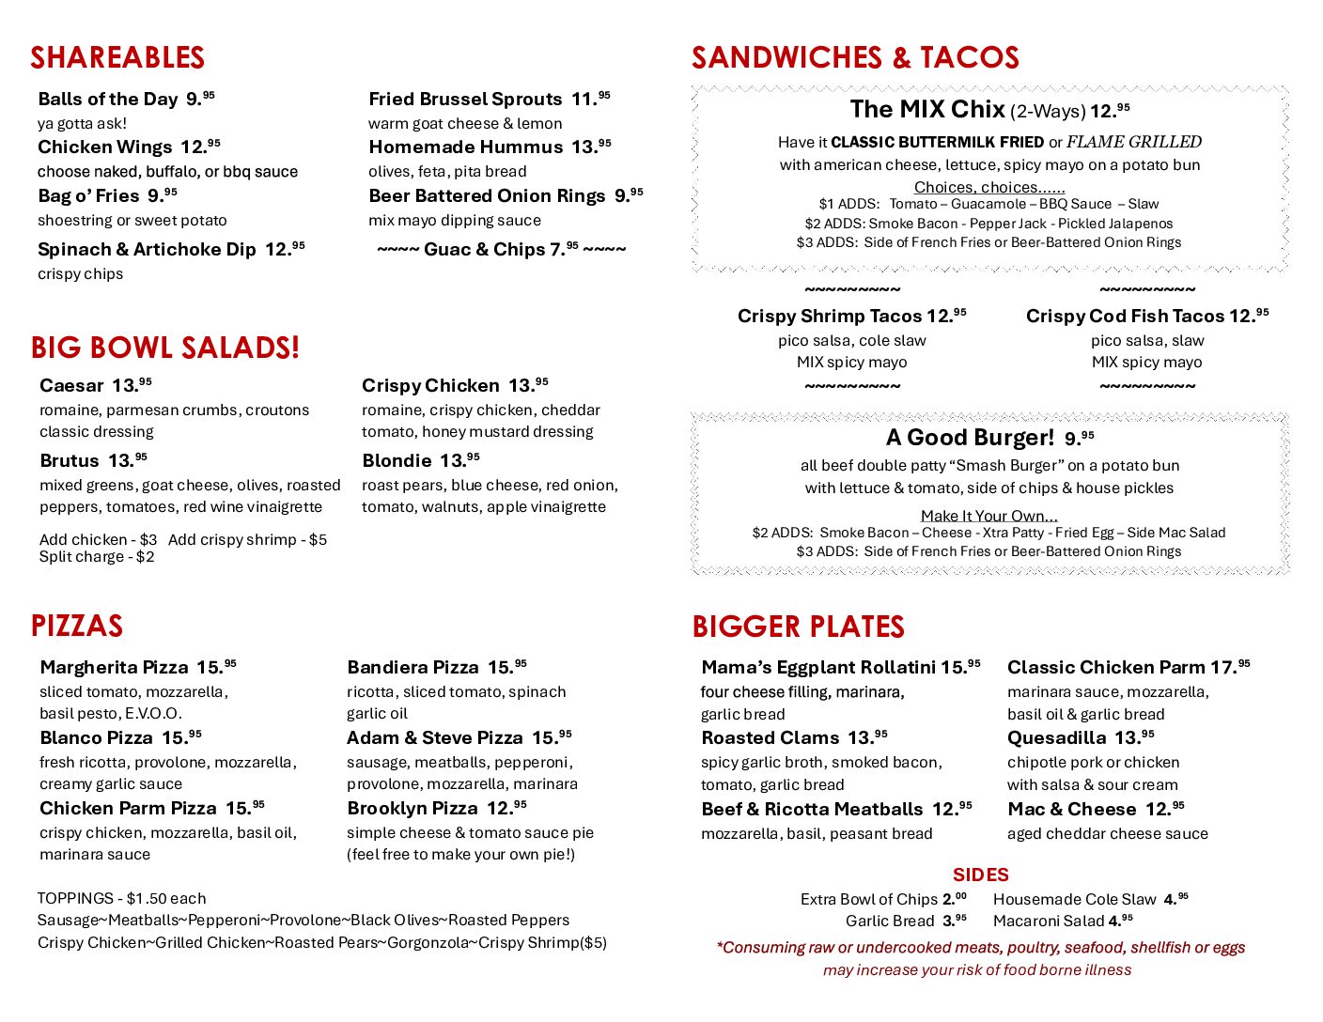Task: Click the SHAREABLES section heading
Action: point(117,58)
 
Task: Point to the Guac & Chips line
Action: point(501,250)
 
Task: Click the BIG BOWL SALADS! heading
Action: point(165,348)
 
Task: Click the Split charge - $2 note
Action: point(97,557)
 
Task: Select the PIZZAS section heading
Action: point(77,627)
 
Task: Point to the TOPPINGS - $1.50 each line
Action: point(121,899)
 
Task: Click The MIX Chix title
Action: point(927,110)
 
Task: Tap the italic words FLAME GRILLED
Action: point(1134,143)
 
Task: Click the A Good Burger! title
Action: point(971,439)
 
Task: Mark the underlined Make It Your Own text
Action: point(988,516)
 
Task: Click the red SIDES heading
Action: point(980,875)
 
